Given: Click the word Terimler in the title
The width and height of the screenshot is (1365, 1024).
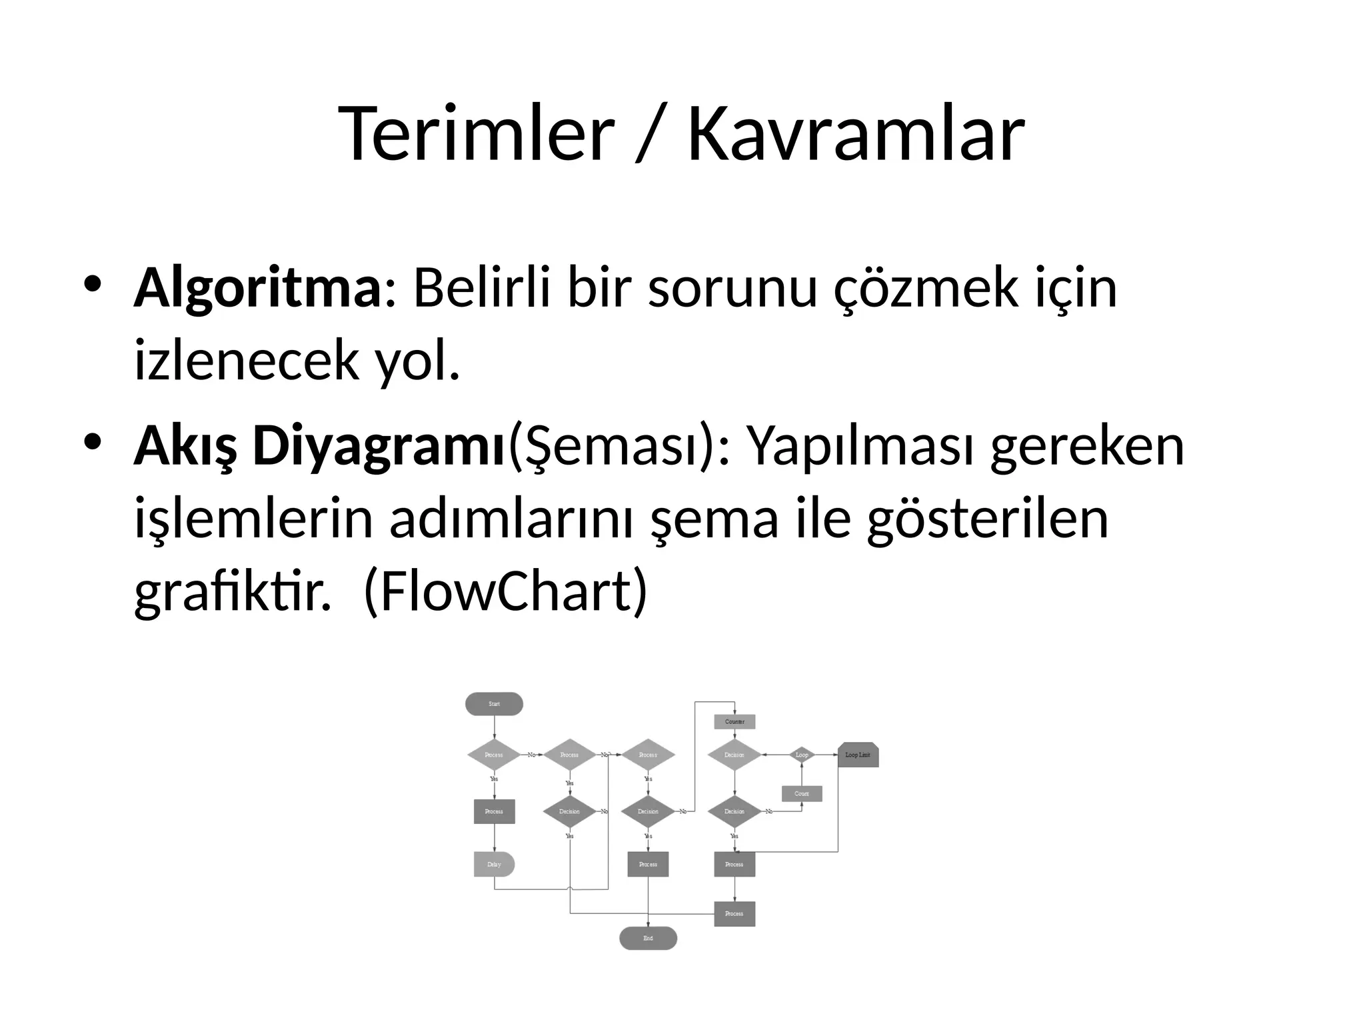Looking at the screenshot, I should (x=476, y=133).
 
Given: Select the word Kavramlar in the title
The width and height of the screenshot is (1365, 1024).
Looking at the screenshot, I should (x=856, y=133).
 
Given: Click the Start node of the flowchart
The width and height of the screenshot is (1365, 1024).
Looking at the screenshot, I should (x=494, y=704).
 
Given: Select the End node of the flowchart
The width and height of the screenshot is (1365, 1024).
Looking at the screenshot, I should (x=648, y=938).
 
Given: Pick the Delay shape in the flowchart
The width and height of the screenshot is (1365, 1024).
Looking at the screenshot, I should (x=494, y=864).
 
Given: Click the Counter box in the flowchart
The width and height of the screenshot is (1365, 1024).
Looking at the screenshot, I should (x=734, y=721).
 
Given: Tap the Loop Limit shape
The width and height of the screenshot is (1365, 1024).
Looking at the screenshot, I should (x=858, y=755).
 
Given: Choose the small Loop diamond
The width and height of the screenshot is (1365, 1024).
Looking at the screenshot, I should (x=802, y=755).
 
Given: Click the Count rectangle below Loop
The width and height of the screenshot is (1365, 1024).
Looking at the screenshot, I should (x=802, y=793).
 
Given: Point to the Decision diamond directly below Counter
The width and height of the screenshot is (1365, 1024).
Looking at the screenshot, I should (x=734, y=755).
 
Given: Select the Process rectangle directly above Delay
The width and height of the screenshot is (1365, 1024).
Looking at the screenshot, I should (x=494, y=811).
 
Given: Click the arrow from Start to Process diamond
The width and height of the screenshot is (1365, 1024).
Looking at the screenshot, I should (x=494, y=727).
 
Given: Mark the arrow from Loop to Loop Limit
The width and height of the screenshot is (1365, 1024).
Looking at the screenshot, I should (x=826, y=755).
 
